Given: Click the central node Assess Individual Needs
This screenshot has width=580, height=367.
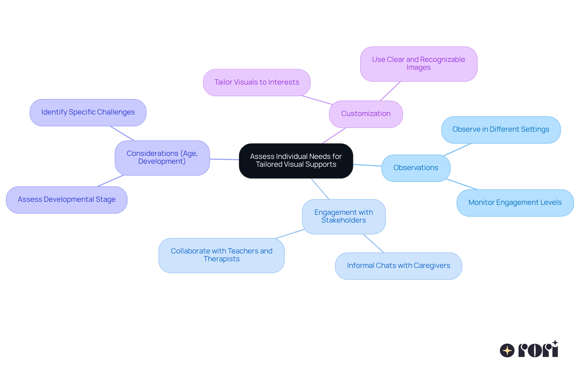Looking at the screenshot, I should [296, 161].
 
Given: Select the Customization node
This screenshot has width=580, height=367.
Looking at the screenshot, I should [366, 114].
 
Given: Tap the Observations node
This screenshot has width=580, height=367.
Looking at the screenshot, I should [416, 168].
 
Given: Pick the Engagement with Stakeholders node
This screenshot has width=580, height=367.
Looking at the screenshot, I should [343, 216].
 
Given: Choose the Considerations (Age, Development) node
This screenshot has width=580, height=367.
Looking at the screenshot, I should [162, 158].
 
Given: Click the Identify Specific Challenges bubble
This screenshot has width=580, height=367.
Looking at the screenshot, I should [88, 112].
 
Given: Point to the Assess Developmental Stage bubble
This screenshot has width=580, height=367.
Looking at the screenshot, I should [66, 200].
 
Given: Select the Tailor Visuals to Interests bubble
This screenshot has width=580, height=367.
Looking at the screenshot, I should [256, 82].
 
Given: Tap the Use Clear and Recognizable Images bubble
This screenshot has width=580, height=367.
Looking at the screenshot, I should [418, 64].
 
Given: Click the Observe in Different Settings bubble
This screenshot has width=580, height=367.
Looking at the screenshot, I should [501, 130].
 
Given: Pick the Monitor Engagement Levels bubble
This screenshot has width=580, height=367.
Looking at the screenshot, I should [515, 203].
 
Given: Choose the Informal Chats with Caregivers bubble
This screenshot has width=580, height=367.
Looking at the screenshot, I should [398, 266].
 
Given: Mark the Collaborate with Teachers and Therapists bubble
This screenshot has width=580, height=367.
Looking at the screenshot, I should [221, 255].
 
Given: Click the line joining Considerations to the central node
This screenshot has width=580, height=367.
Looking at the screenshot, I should [224, 159].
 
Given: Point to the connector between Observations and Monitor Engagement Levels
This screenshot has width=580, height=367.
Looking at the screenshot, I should [462, 184].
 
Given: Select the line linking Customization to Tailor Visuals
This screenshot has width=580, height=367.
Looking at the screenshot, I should [317, 100].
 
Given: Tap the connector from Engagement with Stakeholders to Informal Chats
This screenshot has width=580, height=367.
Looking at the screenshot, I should [373, 243].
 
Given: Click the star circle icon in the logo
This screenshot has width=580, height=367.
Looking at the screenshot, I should [507, 350].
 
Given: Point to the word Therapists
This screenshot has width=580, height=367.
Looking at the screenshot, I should [221, 259].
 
